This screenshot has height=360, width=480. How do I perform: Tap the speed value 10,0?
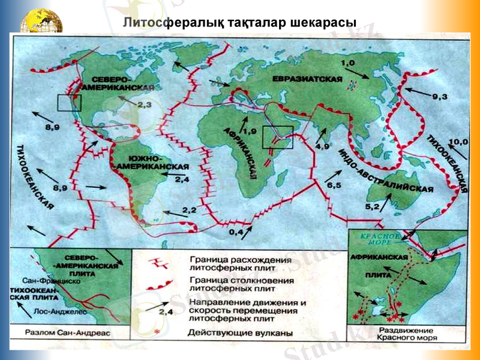coord(458,142)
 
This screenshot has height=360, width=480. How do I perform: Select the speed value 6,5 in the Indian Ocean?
coord(334,186)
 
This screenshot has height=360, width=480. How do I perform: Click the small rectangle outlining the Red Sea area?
coord(278,137)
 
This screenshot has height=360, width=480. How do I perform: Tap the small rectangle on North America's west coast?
coord(69,103)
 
